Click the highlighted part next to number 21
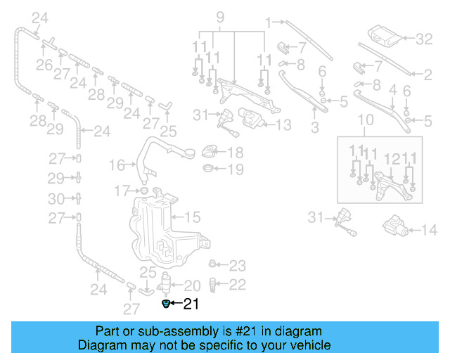click(x=166, y=304)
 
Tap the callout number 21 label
click(x=191, y=304)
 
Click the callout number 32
click(x=424, y=39)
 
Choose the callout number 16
click(x=117, y=165)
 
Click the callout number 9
click(x=219, y=16)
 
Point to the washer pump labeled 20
click(x=167, y=285)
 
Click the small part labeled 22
click(x=214, y=284)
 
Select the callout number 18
click(x=235, y=153)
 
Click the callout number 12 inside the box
click(x=394, y=160)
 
